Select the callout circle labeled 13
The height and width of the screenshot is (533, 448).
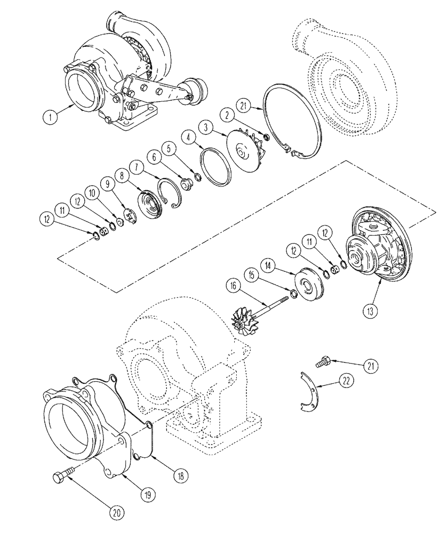tap(370, 308)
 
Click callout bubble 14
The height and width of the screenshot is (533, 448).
tap(267, 264)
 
